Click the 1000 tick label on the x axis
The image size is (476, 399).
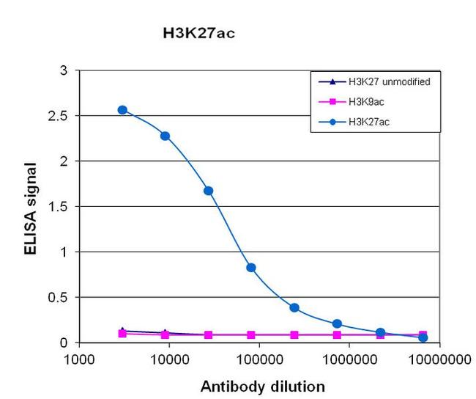(x=78, y=360)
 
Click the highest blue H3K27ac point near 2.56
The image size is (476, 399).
(x=122, y=110)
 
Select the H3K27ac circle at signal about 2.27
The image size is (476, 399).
(x=166, y=136)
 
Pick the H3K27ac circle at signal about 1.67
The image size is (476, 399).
(x=208, y=191)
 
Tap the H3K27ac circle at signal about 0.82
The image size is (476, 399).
(x=251, y=268)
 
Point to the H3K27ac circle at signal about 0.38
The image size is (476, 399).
(x=294, y=308)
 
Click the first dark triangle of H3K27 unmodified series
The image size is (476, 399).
(x=122, y=331)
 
